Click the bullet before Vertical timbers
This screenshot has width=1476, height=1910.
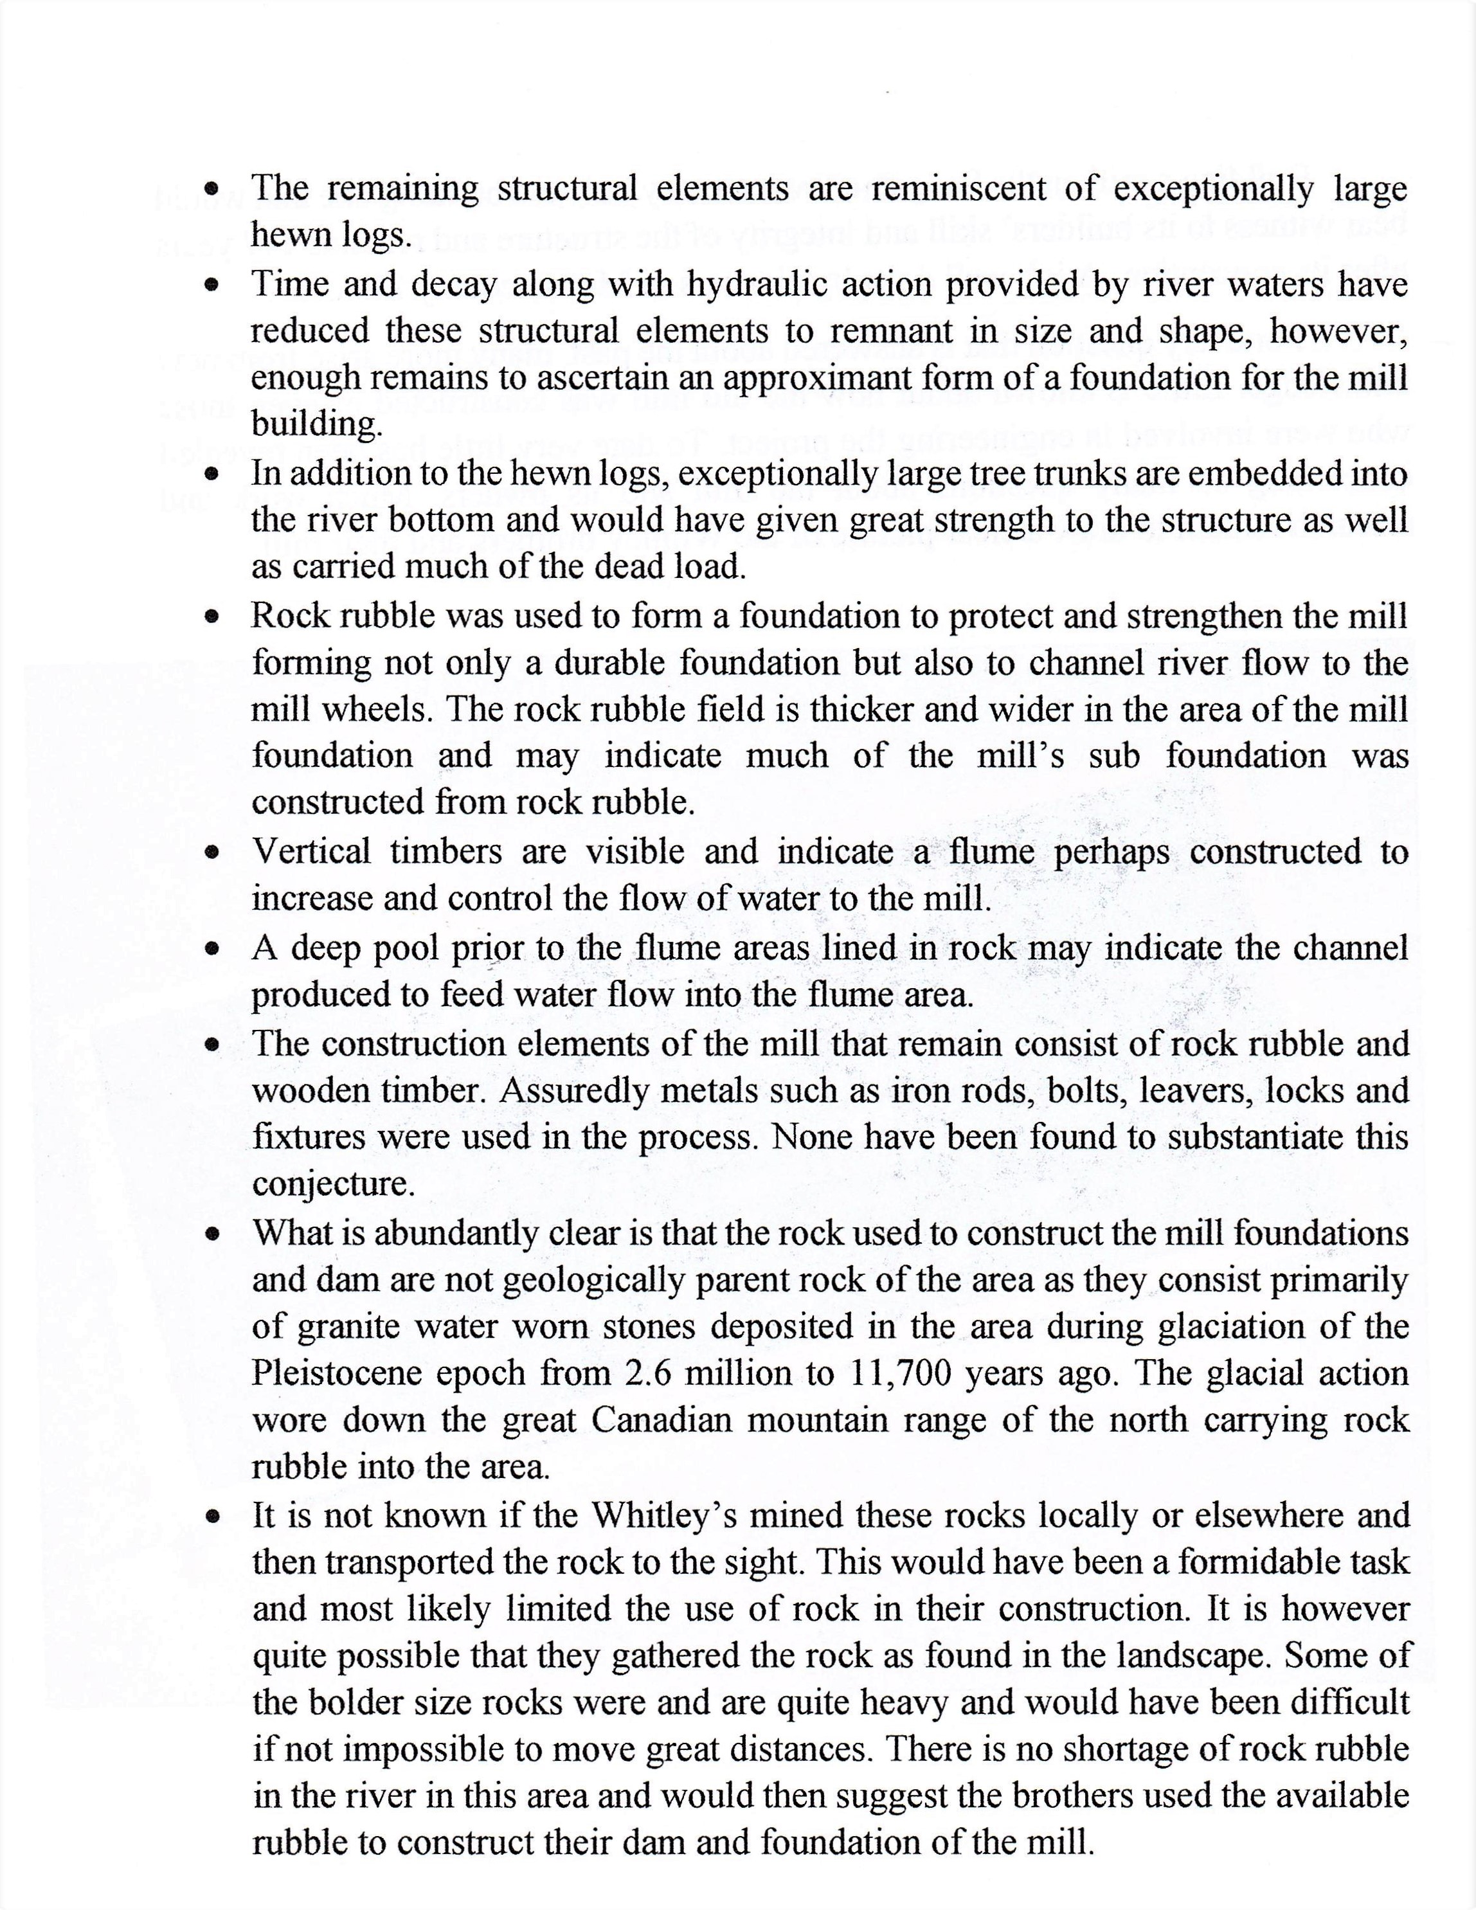(x=211, y=852)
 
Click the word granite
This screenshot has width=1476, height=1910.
(x=348, y=1328)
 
